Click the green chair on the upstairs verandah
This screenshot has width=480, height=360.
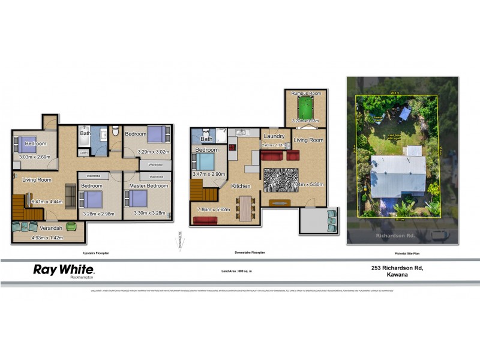point(71,227)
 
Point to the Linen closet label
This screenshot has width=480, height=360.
point(83,153)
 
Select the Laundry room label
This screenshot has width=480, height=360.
point(274,137)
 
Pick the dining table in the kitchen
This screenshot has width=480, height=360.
point(244,208)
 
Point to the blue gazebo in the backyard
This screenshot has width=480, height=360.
point(405,113)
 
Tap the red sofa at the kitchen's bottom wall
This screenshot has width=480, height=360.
point(205,221)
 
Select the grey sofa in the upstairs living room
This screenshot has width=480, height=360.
point(70,195)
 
